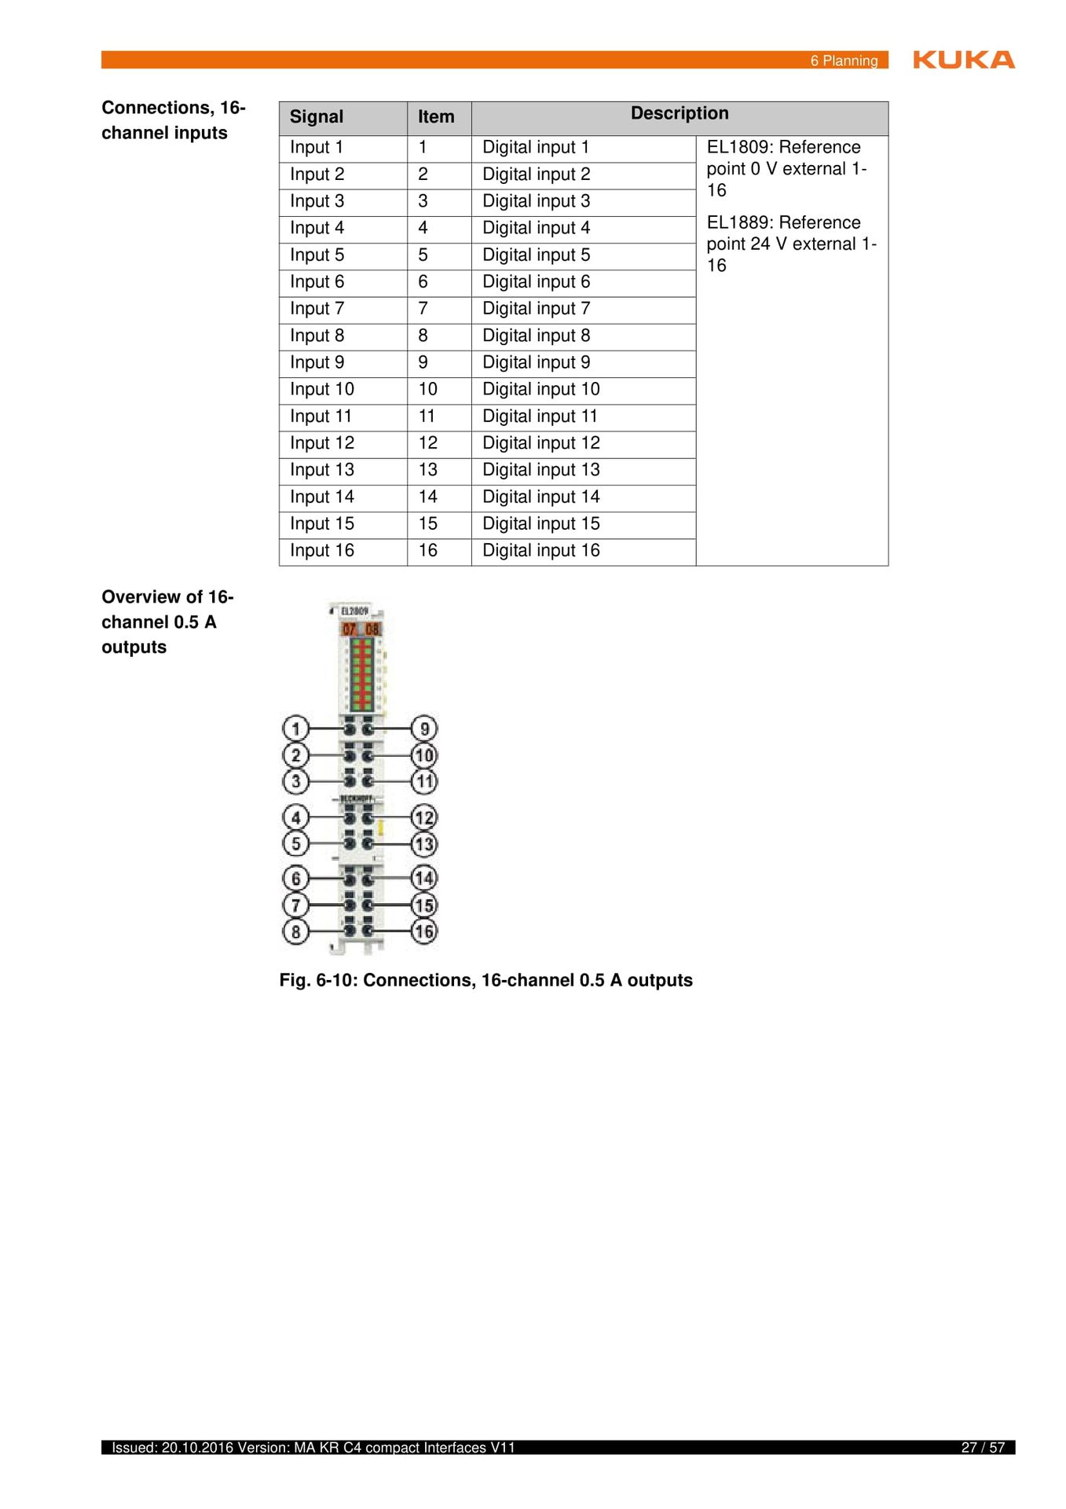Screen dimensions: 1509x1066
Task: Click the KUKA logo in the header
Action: pos(963,60)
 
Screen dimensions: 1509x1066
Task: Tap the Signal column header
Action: pos(317,117)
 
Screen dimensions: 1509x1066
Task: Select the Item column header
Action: pos(436,117)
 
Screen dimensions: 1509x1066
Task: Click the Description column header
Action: pos(680,114)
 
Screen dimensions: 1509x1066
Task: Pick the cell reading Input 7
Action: pos(317,309)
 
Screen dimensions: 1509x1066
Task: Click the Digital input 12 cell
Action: pos(540,443)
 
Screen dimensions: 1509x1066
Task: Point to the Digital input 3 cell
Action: pos(536,201)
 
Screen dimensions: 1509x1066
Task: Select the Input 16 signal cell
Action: pos(321,551)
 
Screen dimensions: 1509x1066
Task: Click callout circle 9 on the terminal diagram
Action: pos(424,729)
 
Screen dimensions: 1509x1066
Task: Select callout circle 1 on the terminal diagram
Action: pos(295,729)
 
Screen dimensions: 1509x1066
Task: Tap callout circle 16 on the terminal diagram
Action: pos(424,931)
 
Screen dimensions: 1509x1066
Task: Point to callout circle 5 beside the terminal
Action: pos(295,844)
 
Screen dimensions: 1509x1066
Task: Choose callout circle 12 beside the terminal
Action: pos(424,817)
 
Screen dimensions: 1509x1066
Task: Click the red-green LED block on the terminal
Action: pos(361,674)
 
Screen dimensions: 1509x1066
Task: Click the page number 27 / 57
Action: pos(983,1448)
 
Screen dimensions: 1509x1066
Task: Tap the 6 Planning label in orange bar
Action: pos(844,61)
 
